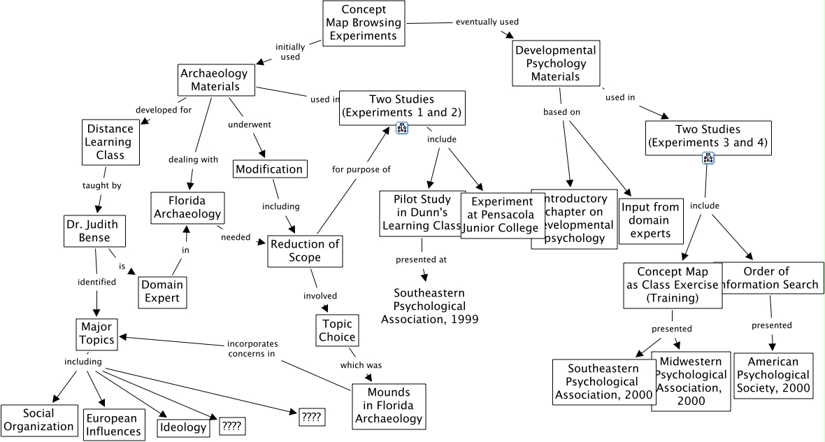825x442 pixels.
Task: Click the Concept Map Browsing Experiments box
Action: [364, 23]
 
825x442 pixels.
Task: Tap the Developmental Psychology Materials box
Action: [555, 63]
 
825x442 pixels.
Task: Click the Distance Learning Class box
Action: [110, 142]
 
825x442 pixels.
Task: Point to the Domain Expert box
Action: [162, 291]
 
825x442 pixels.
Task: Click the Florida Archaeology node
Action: [187, 208]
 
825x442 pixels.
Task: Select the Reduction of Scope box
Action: [305, 250]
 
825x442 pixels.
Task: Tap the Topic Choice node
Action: [337, 330]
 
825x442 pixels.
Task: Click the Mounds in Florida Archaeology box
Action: [389, 405]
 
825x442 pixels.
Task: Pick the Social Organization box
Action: [38, 420]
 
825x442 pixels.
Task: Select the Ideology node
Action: [183, 427]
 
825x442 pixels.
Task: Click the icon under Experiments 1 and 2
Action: [402, 127]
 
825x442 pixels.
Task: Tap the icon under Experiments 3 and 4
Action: [708, 157]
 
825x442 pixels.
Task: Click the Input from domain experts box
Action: [651, 220]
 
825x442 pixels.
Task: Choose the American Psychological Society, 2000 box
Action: [773, 376]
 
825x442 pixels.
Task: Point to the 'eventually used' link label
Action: [487, 22]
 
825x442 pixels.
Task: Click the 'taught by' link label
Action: [102, 185]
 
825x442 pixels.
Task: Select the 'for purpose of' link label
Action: [361, 169]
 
